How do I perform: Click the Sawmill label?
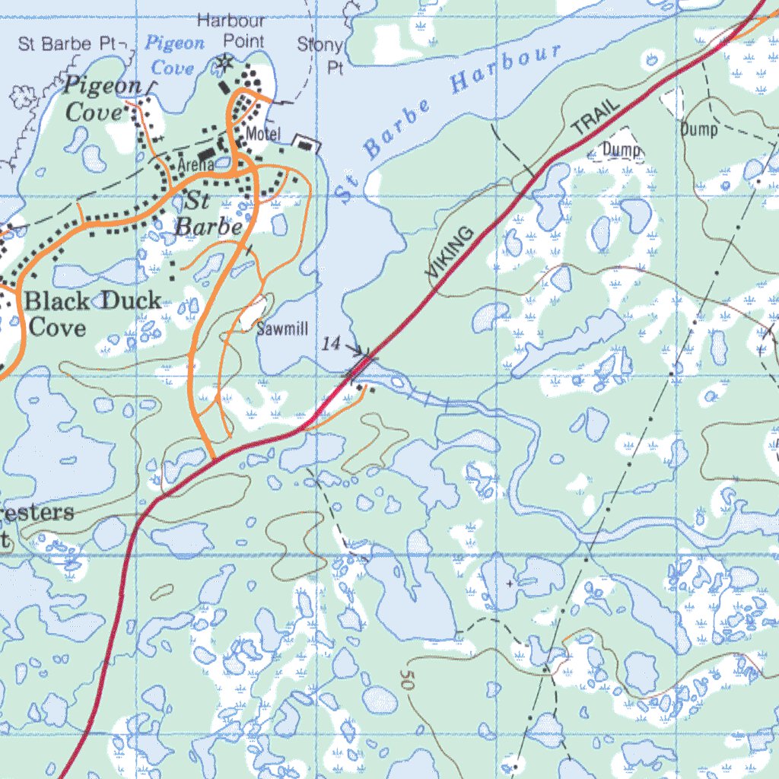click(x=282, y=329)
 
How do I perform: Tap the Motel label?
click(x=263, y=135)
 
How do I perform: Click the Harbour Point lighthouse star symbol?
click(x=224, y=63)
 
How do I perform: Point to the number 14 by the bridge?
click(x=331, y=345)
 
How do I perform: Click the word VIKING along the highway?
click(x=450, y=252)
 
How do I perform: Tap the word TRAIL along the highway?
click(x=597, y=118)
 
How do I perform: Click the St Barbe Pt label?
click(x=66, y=43)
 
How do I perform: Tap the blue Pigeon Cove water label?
click(x=174, y=56)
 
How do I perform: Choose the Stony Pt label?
click(x=321, y=56)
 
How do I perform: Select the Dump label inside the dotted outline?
click(x=622, y=150)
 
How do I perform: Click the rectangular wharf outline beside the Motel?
click(x=307, y=143)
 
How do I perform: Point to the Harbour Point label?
click(x=231, y=30)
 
